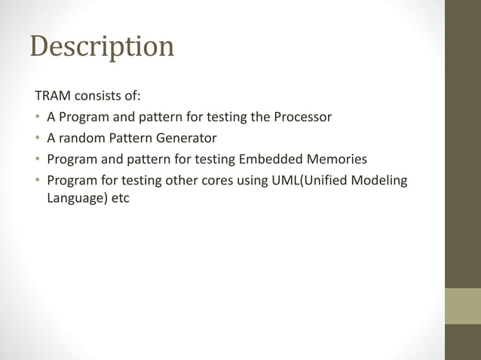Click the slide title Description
pos(102,47)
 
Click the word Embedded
pos(271,160)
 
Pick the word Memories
pos(335,160)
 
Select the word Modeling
pos(381,181)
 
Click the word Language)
pos(77,200)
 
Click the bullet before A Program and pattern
pos(37,117)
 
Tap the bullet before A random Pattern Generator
pos(37,139)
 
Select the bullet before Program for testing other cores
pos(37,181)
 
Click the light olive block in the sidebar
pos(462,306)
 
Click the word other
pos(193,181)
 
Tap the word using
pos(268,181)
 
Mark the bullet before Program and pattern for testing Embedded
pos(37,160)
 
